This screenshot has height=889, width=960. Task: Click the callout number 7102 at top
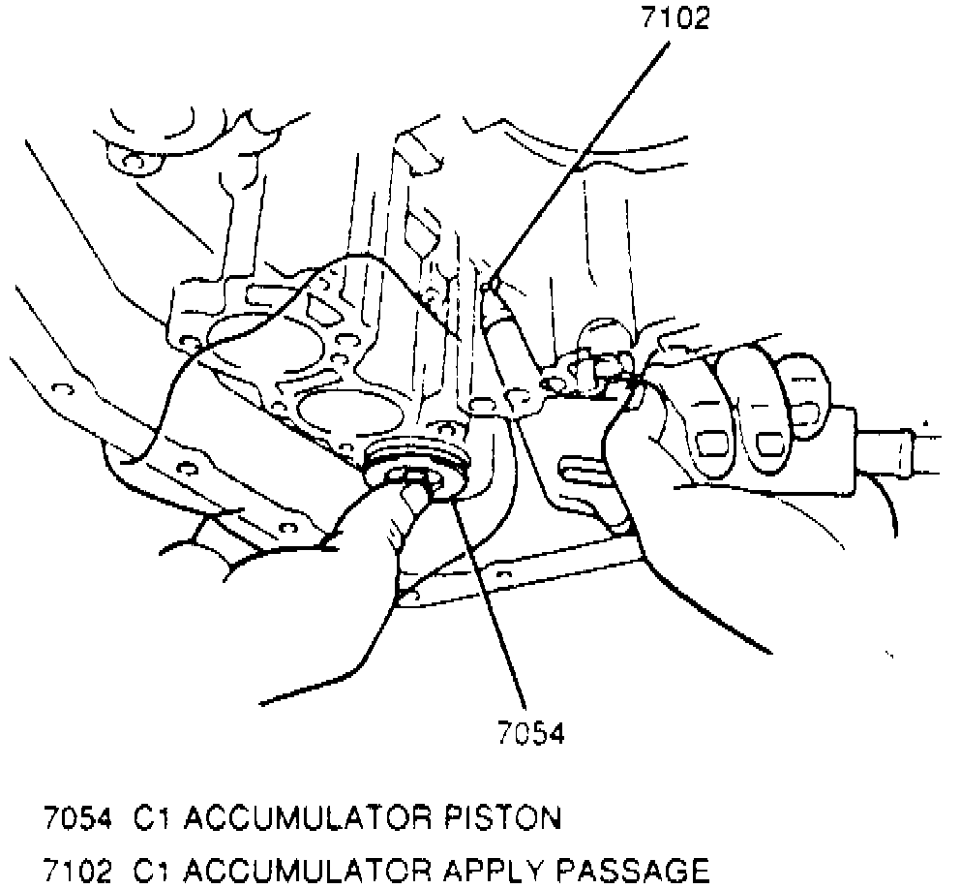pos(675,19)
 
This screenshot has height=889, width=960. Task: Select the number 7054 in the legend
pos(76,819)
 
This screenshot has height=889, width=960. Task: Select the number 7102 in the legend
pos(76,870)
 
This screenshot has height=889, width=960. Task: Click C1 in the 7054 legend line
pos(144,819)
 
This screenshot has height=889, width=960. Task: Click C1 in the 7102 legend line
pos(144,870)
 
